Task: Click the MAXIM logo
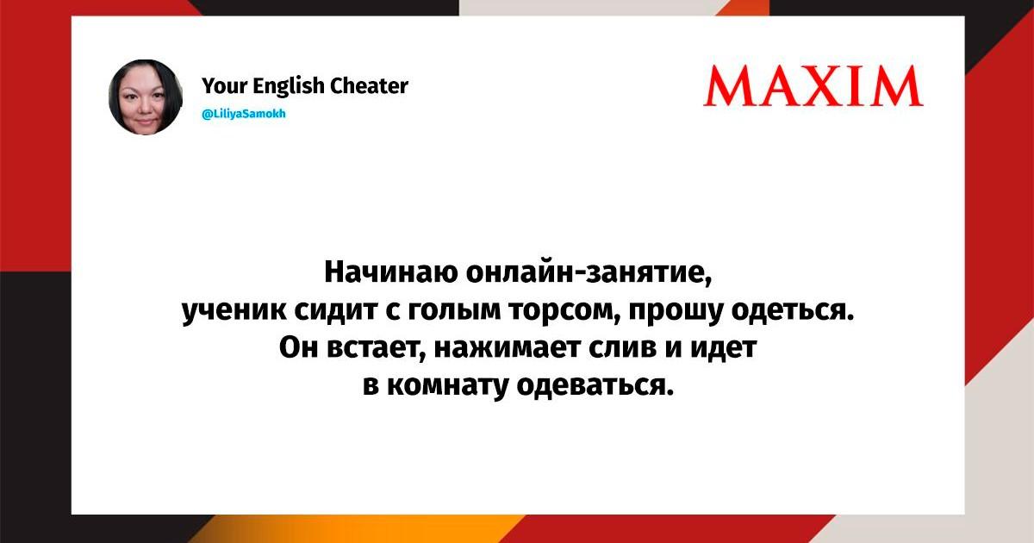click(x=813, y=86)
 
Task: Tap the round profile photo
click(x=146, y=97)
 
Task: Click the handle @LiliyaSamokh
click(x=244, y=114)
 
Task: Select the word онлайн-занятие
click(x=589, y=273)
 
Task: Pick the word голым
click(x=454, y=311)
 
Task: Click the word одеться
click(x=793, y=311)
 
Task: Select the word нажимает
click(x=507, y=348)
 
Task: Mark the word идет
click(x=723, y=348)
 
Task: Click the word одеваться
click(x=595, y=385)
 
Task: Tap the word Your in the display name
click(x=225, y=86)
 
